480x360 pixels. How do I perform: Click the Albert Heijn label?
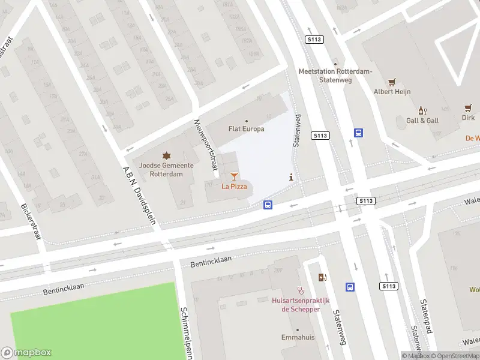point(392,92)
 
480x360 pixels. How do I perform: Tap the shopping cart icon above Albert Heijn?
point(392,82)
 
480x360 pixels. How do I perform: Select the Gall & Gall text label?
point(422,121)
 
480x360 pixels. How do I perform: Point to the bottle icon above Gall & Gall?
point(422,110)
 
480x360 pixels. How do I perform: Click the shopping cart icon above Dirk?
point(468,108)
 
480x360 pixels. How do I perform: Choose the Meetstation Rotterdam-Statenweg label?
point(335,75)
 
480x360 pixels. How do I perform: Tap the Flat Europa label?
point(246,129)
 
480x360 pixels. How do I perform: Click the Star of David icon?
point(166,156)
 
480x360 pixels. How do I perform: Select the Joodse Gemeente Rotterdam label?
point(166,170)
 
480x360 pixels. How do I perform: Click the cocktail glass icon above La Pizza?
point(234,176)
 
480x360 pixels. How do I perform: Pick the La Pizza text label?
point(234,187)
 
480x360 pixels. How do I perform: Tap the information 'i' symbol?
point(292,177)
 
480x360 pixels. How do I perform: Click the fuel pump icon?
point(323,277)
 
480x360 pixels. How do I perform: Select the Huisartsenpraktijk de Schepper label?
point(301,305)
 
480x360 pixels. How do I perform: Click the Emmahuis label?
point(298,338)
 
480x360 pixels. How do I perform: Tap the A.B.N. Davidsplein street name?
point(140,195)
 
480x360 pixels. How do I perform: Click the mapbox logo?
point(26,352)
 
